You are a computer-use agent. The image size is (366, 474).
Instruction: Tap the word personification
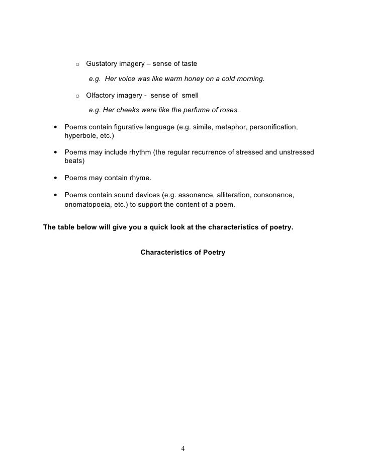(275, 128)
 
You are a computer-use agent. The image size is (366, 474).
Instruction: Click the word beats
(74, 161)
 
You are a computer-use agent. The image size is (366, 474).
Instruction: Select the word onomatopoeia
(87, 204)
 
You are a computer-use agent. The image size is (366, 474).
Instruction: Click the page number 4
(183, 448)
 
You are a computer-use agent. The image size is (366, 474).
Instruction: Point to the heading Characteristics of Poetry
(182, 252)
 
